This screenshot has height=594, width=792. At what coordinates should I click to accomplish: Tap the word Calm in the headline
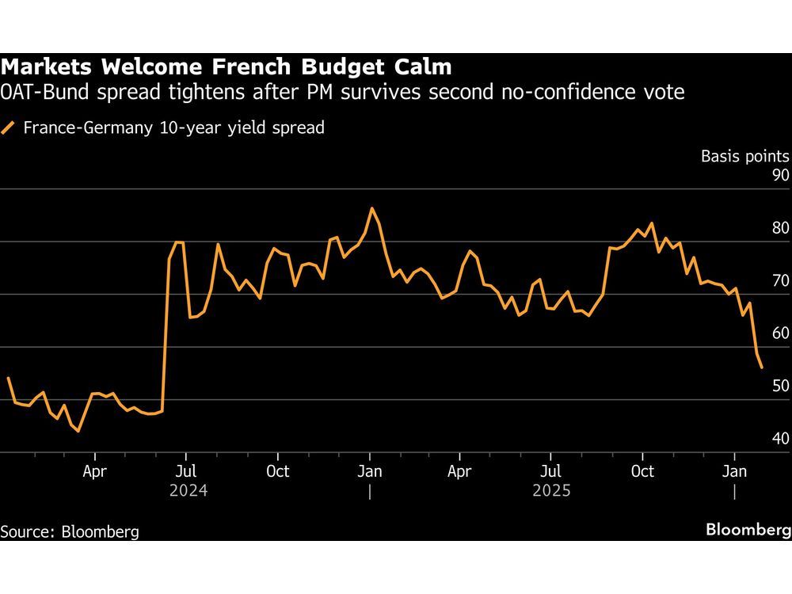pyautogui.click(x=424, y=66)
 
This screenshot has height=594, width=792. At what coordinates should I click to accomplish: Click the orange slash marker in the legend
pyautogui.click(x=9, y=128)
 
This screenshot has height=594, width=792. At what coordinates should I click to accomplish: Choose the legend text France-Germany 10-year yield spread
pyautogui.click(x=173, y=128)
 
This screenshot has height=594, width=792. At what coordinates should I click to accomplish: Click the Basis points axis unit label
pyautogui.click(x=744, y=156)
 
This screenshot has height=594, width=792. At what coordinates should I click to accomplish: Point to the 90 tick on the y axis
pyautogui.click(x=779, y=175)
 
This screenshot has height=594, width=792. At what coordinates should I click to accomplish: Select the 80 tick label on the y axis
pyautogui.click(x=779, y=228)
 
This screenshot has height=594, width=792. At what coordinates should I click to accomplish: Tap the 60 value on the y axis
pyautogui.click(x=779, y=333)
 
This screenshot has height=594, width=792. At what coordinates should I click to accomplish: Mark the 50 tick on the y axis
pyautogui.click(x=779, y=386)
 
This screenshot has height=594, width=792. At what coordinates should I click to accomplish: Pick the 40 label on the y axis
pyautogui.click(x=779, y=438)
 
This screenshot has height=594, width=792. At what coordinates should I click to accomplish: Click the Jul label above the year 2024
pyautogui.click(x=185, y=471)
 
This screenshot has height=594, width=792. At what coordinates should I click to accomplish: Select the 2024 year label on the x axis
pyautogui.click(x=188, y=491)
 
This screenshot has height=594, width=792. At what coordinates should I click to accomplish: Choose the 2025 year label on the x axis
pyautogui.click(x=551, y=491)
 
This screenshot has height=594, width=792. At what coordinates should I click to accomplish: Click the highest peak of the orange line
pyautogui.click(x=371, y=208)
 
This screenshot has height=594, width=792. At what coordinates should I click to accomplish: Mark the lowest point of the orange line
pyautogui.click(x=78, y=432)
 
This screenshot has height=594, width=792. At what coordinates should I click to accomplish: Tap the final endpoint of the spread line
pyautogui.click(x=762, y=367)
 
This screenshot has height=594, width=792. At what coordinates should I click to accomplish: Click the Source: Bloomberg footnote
pyautogui.click(x=70, y=531)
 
